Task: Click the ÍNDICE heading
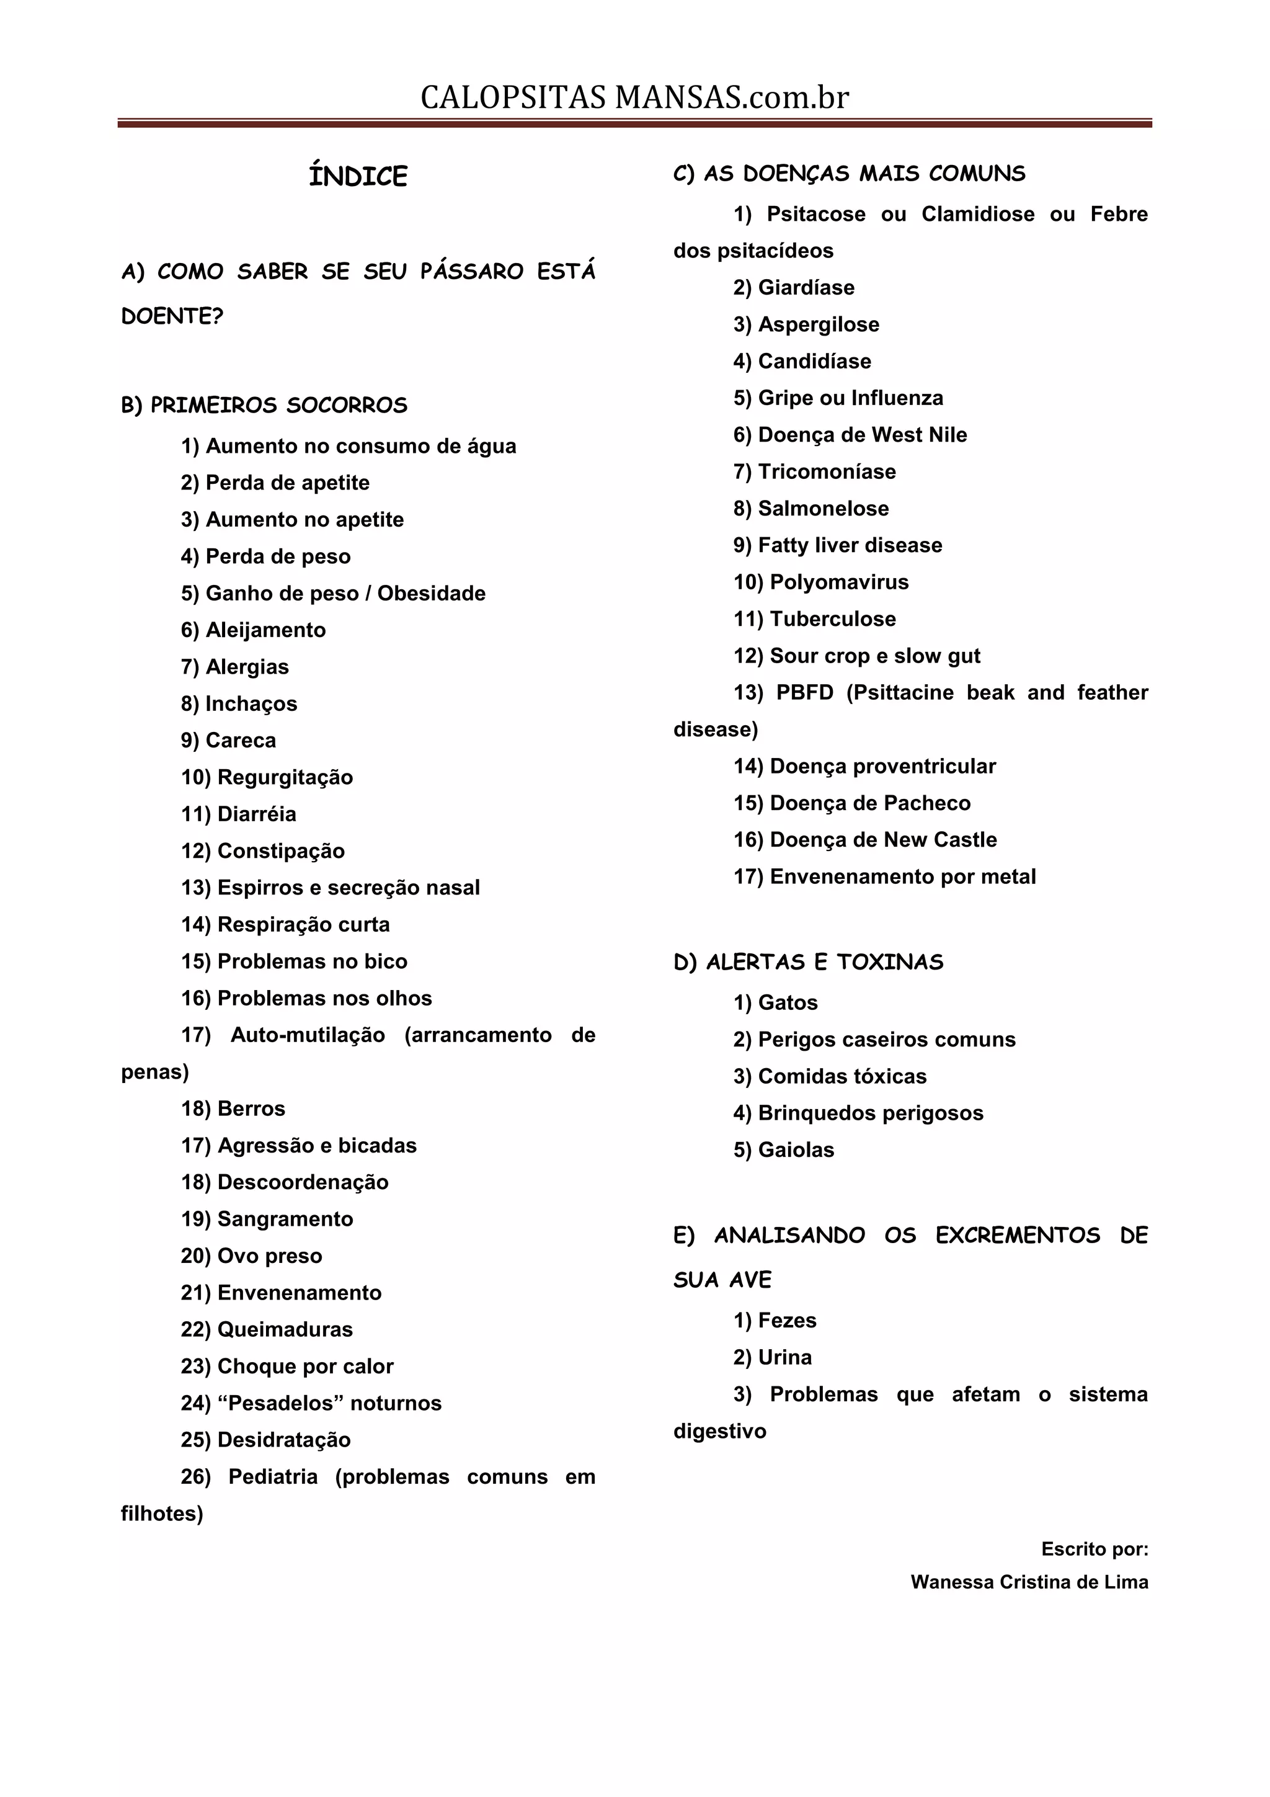coord(358,176)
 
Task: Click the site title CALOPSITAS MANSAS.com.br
coord(634,98)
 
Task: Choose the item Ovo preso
coord(269,1255)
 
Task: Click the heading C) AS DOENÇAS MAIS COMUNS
coord(849,174)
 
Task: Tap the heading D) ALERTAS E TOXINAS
coord(809,962)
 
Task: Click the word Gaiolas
coord(796,1150)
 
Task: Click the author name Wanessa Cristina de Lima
coord(1029,1582)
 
